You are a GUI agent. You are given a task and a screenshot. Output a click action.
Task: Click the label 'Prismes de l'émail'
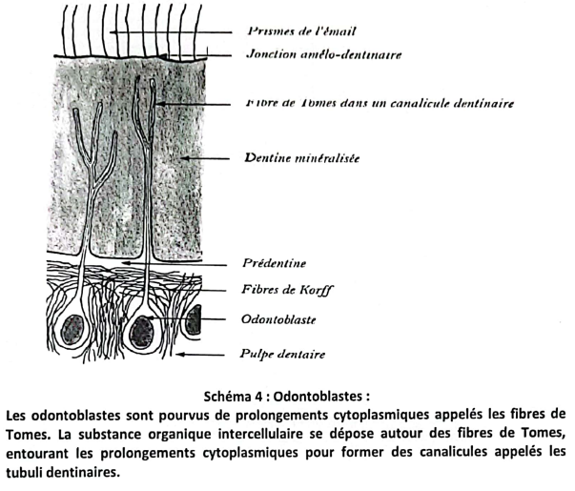[x=301, y=31]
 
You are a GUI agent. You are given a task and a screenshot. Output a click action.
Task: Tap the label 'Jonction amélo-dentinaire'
[x=324, y=54]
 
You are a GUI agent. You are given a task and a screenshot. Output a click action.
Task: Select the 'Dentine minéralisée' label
[x=301, y=158]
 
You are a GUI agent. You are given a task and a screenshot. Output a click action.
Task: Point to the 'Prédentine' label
[x=274, y=263]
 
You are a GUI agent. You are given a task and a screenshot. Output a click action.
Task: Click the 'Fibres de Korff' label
[x=287, y=290]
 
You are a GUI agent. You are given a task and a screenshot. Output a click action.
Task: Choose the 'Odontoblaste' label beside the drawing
[x=278, y=319]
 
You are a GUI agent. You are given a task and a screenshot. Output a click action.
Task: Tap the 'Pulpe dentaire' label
[x=282, y=355]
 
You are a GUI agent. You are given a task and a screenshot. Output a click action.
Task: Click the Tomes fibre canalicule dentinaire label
[x=380, y=103]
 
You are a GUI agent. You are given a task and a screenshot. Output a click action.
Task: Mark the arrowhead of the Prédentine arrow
[x=126, y=262]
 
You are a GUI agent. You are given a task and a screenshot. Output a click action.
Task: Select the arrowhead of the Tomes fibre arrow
[x=160, y=105]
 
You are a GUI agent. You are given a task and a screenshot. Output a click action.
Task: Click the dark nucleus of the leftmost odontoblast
[x=72, y=330]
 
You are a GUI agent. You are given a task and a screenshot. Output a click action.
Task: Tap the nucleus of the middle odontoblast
[x=141, y=332]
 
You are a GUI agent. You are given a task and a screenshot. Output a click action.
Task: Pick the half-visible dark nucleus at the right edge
[x=194, y=319]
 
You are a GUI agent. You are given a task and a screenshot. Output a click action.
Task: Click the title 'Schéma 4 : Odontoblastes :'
[x=286, y=396]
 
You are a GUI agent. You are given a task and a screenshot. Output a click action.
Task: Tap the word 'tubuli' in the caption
[x=25, y=472]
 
